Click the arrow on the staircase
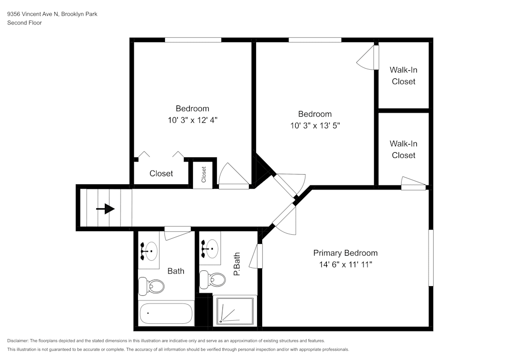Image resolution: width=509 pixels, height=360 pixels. pyautogui.click(x=105, y=209)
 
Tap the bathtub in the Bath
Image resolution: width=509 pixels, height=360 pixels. pyautogui.click(x=166, y=313)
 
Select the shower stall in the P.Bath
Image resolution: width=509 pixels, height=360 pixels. pyautogui.click(x=235, y=311)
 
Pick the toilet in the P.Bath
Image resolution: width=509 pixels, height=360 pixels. pyautogui.click(x=213, y=279)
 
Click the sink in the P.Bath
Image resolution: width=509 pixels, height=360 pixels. pyautogui.click(x=211, y=248)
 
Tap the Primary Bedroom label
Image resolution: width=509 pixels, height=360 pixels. pyautogui.click(x=345, y=253)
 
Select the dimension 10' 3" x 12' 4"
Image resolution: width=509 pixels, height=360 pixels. pyautogui.click(x=192, y=120)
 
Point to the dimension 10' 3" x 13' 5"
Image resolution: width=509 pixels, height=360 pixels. pyautogui.click(x=315, y=126)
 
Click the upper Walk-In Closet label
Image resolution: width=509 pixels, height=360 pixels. pyautogui.click(x=403, y=75)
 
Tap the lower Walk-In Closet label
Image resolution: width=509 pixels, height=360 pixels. pyautogui.click(x=403, y=150)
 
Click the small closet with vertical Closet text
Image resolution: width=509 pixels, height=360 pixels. pyautogui.click(x=204, y=174)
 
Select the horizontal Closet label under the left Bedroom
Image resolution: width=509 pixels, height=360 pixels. pyautogui.click(x=161, y=174)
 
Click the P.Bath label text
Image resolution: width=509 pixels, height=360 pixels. pyautogui.click(x=237, y=265)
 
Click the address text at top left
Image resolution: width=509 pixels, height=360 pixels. pyautogui.click(x=52, y=14)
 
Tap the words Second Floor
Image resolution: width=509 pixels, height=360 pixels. pyautogui.click(x=24, y=23)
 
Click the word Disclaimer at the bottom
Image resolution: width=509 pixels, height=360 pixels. pyautogui.click(x=18, y=341)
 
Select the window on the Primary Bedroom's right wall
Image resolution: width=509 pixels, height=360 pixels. pyautogui.click(x=431, y=258)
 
